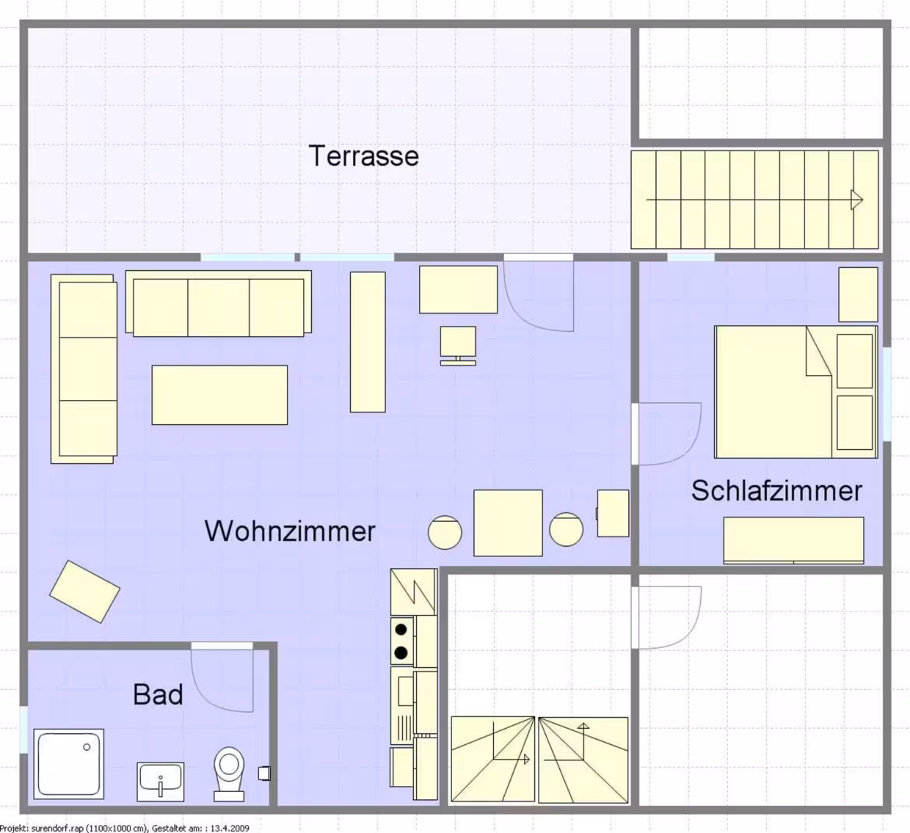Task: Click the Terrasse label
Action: tap(364, 156)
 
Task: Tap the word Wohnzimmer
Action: tap(290, 531)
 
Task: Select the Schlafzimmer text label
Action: tap(776, 491)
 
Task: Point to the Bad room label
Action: tap(158, 694)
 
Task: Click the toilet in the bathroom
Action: tap(229, 774)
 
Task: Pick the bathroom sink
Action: tap(161, 782)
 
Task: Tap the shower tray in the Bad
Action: tap(69, 764)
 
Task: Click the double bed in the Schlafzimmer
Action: tap(796, 392)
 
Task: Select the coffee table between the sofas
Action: tap(220, 395)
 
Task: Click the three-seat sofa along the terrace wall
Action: tap(219, 303)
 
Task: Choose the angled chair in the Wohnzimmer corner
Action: tap(85, 592)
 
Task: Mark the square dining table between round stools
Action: tap(509, 523)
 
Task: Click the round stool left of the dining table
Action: tap(445, 532)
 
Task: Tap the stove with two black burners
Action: tap(401, 641)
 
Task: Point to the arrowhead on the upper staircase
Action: tap(856, 200)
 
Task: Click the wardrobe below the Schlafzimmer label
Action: tap(793, 540)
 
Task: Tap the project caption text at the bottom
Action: tap(124, 828)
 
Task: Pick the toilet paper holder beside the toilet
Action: tap(264, 773)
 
